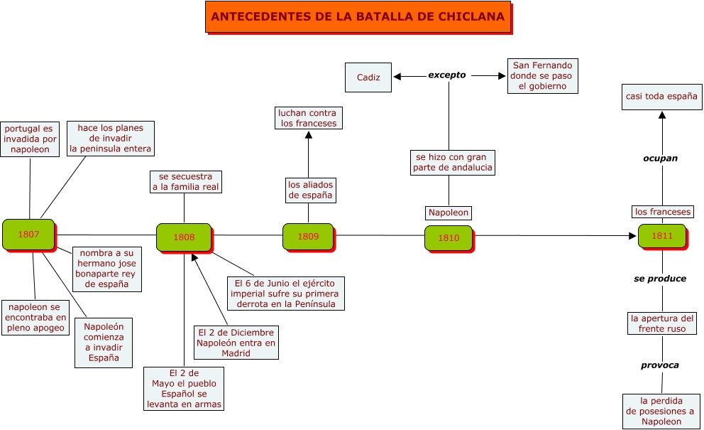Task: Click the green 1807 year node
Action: pyautogui.click(x=28, y=234)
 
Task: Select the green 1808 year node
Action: pyautogui.click(x=184, y=237)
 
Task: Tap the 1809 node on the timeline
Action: pyautogui.click(x=308, y=237)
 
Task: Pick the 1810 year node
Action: pyautogui.click(x=449, y=238)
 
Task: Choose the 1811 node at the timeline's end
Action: pyautogui.click(x=661, y=235)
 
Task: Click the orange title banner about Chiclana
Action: pyautogui.click(x=358, y=17)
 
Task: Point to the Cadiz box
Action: pyautogui.click(x=368, y=77)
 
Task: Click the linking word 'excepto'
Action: pyautogui.click(x=447, y=75)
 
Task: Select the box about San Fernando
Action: pyautogui.click(x=542, y=76)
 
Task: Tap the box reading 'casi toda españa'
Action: pyautogui.click(x=661, y=96)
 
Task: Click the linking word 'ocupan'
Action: pyautogui.click(x=660, y=158)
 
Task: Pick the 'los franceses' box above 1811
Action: pyautogui.click(x=662, y=212)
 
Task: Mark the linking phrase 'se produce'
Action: pyautogui.click(x=660, y=279)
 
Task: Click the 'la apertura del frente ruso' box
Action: pyautogui.click(x=661, y=323)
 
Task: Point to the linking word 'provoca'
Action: pyautogui.click(x=660, y=365)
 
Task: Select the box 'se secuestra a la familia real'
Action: pyautogui.click(x=185, y=182)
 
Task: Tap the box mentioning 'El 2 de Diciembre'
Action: pyautogui.click(x=236, y=343)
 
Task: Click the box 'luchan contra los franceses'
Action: pyautogui.click(x=308, y=118)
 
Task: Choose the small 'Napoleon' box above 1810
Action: pyautogui.click(x=449, y=213)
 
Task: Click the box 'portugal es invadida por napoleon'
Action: pyautogui.click(x=30, y=139)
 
